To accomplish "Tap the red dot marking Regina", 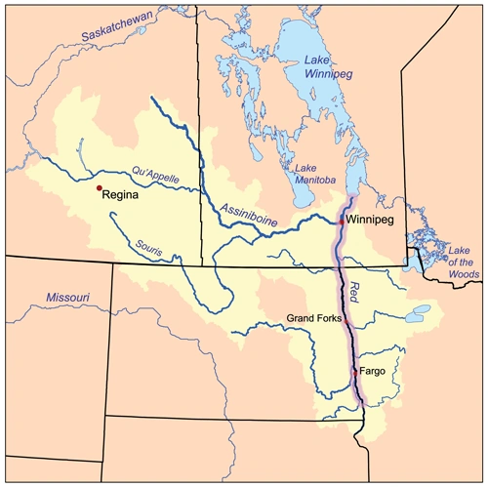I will click(99, 187).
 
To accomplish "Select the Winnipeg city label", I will click(371, 220).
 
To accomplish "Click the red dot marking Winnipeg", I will click(341, 223).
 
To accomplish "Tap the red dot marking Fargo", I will click(354, 372).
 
